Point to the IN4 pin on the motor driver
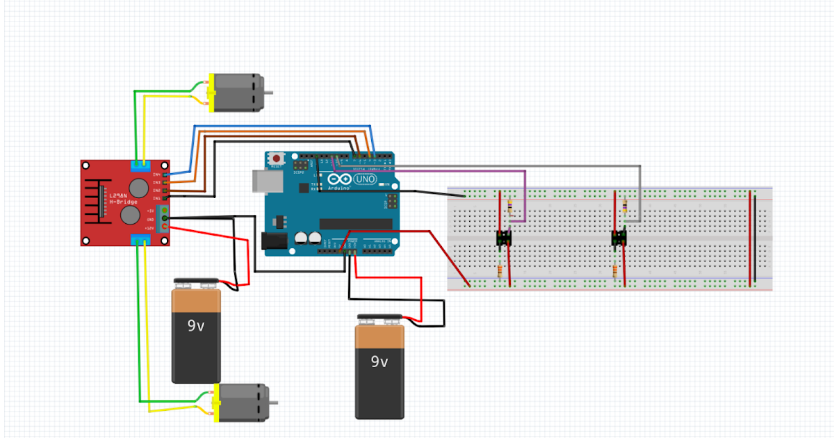165,175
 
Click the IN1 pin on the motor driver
165,198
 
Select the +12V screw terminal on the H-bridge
165,227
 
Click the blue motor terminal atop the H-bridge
141,164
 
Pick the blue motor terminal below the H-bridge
141,241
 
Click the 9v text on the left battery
196,325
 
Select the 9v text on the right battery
379,362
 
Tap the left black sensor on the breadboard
505,238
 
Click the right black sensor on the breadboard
619,238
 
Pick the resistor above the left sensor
512,206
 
